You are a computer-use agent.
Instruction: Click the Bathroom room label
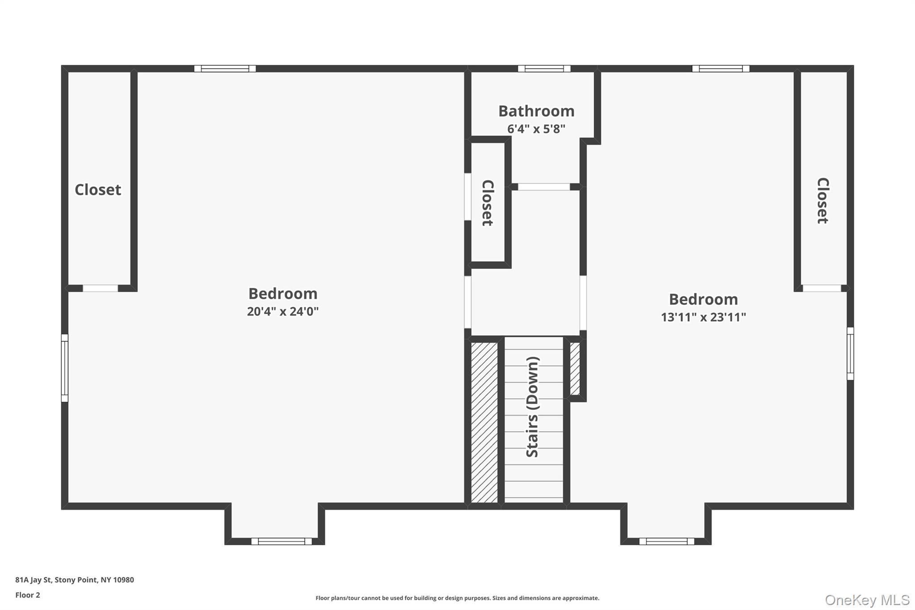536,111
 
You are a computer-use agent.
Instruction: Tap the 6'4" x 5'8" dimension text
536,129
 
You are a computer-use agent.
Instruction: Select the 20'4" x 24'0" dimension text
283,311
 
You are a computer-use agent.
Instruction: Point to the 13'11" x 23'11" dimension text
703,317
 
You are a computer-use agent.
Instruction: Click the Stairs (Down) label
533,407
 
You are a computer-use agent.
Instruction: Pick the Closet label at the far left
98,190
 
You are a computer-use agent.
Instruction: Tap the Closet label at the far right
823,201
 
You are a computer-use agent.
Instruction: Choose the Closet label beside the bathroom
487,203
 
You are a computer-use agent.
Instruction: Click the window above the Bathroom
544,69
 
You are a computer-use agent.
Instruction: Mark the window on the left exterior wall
65,368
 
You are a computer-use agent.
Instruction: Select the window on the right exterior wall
850,353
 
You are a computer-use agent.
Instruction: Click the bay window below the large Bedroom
281,541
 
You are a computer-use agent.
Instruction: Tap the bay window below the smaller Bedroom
667,541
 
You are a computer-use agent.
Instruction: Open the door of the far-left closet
101,288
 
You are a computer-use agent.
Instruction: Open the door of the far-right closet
822,288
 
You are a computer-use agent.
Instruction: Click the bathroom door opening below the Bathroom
544,187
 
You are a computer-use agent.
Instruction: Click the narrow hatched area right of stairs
575,369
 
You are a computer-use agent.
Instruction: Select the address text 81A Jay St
75,580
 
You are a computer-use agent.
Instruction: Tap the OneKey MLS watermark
867,600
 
